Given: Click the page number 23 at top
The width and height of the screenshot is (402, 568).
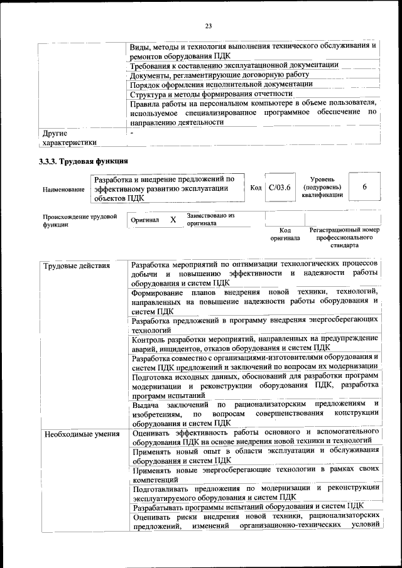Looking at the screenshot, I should pyautogui.click(x=208, y=26).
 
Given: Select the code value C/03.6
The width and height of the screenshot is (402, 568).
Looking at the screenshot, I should pyautogui.click(x=279, y=188).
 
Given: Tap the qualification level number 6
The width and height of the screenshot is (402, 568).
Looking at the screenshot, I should pyautogui.click(x=364, y=187).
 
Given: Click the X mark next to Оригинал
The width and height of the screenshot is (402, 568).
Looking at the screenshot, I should pyautogui.click(x=173, y=220).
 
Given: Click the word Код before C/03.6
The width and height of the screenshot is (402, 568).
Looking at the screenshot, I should pyautogui.click(x=256, y=188).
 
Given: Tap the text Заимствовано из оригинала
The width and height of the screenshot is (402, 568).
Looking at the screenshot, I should pyautogui.click(x=210, y=220).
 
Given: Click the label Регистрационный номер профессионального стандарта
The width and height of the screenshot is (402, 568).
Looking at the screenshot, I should pyautogui.click(x=345, y=238).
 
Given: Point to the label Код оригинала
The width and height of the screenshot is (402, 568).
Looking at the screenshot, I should pyautogui.click(x=285, y=234).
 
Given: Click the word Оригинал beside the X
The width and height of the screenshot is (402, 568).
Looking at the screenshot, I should pyautogui.click(x=144, y=221).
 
